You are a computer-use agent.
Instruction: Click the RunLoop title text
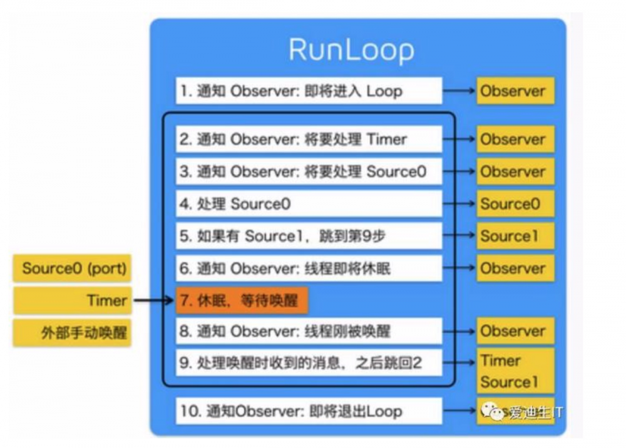coord(351,51)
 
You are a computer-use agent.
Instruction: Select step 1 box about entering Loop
coord(309,91)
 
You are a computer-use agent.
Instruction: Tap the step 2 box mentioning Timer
coord(309,139)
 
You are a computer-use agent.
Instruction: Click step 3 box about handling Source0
coord(309,171)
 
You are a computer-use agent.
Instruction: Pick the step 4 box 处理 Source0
coord(309,203)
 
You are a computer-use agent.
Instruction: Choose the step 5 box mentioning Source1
coord(309,236)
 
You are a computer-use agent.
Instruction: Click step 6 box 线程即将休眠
coord(309,268)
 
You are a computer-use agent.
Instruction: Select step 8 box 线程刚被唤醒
coord(309,331)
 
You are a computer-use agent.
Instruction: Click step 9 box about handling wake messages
coord(309,364)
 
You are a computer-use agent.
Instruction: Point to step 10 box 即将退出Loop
coord(309,411)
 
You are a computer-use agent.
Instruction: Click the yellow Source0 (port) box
coord(73,269)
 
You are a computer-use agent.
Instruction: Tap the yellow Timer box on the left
coord(73,301)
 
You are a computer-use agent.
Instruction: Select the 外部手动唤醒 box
coord(73,333)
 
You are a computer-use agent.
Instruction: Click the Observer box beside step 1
coord(515,91)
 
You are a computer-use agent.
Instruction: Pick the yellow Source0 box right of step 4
coord(515,203)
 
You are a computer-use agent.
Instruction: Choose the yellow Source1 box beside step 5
coord(515,236)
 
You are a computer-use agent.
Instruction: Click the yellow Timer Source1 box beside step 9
coord(515,370)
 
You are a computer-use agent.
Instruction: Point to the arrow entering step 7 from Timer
coord(153,301)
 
